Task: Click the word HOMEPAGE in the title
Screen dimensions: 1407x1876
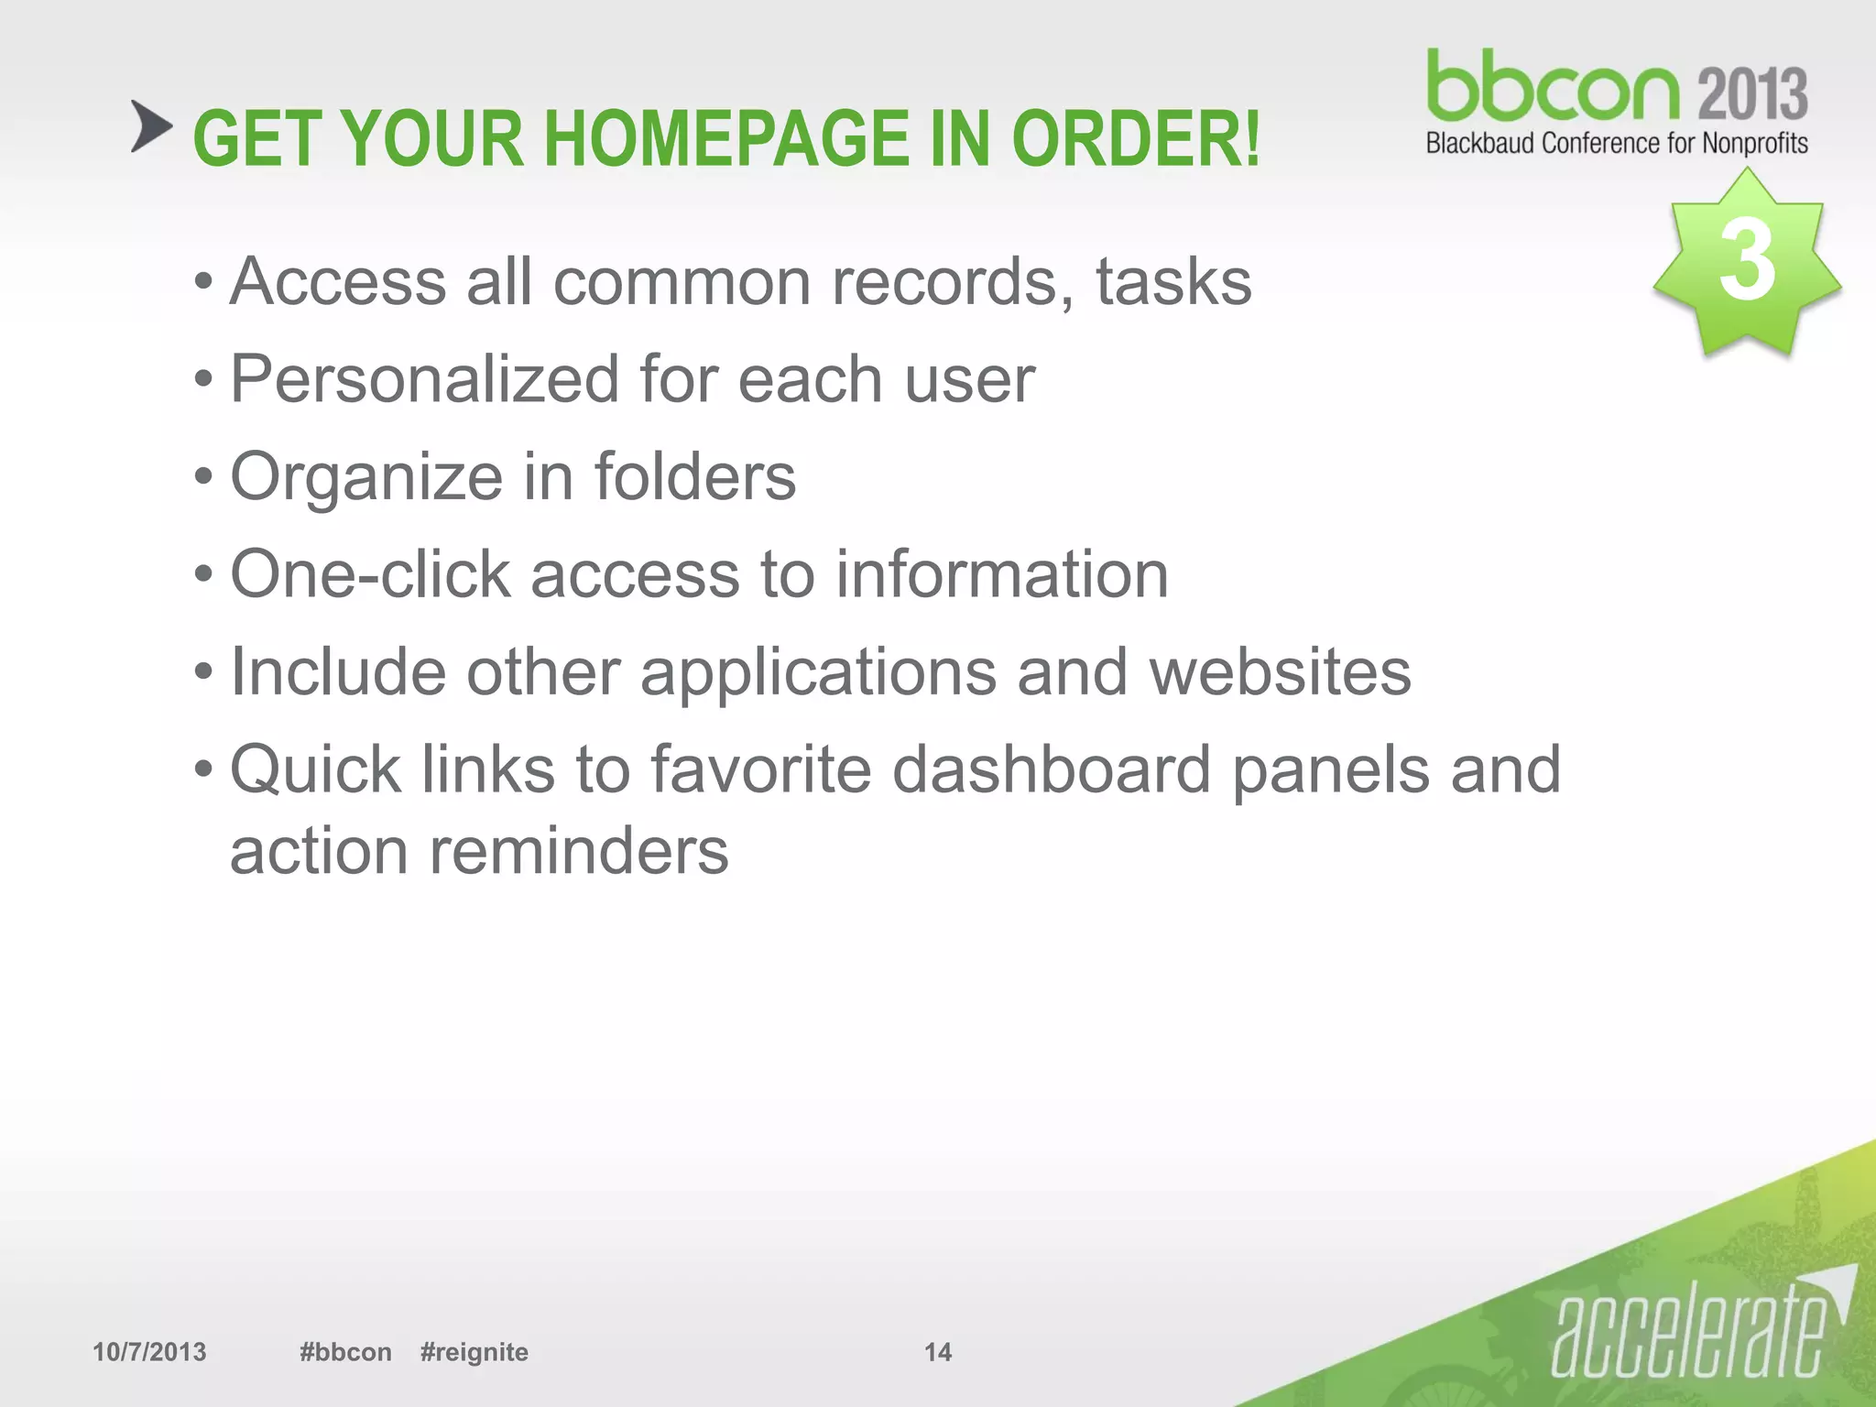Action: pos(729,139)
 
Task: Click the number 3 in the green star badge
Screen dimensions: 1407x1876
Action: pos(1747,261)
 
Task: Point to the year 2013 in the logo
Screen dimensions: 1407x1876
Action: pos(1752,94)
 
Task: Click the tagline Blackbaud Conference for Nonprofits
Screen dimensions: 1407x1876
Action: pos(1617,144)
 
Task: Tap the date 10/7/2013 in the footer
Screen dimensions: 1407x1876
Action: pos(149,1352)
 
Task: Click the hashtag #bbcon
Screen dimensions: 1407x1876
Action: pos(345,1352)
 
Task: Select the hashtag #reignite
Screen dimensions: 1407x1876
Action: pos(474,1352)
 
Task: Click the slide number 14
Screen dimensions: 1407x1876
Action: pos(937,1352)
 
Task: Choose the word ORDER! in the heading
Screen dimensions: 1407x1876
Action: pos(1136,139)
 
